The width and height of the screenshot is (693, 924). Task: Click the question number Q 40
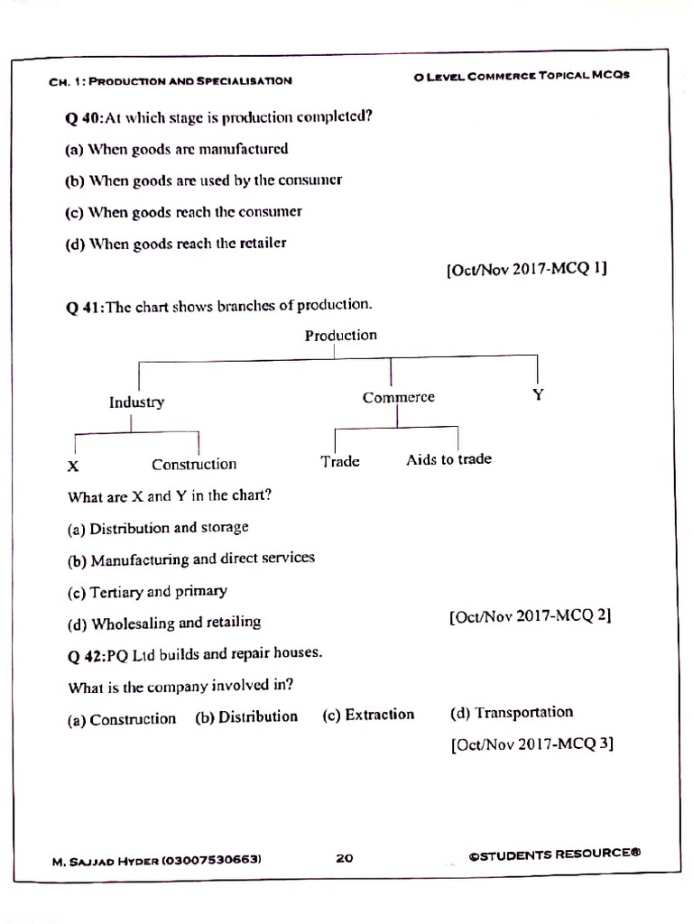tap(85, 118)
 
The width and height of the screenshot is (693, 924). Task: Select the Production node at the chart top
tap(340, 336)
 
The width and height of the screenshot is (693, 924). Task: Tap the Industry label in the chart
tap(136, 402)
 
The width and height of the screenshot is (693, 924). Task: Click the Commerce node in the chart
tap(398, 398)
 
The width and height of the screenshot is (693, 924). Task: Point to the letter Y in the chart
tap(538, 395)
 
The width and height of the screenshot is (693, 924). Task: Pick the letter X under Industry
tap(73, 467)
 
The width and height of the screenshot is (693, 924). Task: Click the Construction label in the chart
tap(194, 465)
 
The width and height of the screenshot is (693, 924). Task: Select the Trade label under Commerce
tap(340, 461)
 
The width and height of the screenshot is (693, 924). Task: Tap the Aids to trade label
tap(448, 459)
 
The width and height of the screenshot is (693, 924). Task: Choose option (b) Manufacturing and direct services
tap(190, 559)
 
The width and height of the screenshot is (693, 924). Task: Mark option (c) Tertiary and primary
tap(147, 592)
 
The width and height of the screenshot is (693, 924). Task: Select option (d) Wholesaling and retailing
tap(163, 623)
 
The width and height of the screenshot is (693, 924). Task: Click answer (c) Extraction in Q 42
tap(368, 715)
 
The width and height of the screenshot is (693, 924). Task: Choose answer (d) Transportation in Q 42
tap(511, 713)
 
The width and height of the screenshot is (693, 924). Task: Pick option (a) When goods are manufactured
tap(177, 150)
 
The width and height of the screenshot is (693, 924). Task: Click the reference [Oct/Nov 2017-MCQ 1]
tap(526, 270)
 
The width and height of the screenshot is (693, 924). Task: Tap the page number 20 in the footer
tap(345, 858)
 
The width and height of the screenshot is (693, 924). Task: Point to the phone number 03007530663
tap(212, 860)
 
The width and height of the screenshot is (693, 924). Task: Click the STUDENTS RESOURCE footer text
tap(554, 854)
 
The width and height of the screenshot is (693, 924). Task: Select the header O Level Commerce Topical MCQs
tap(522, 76)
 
